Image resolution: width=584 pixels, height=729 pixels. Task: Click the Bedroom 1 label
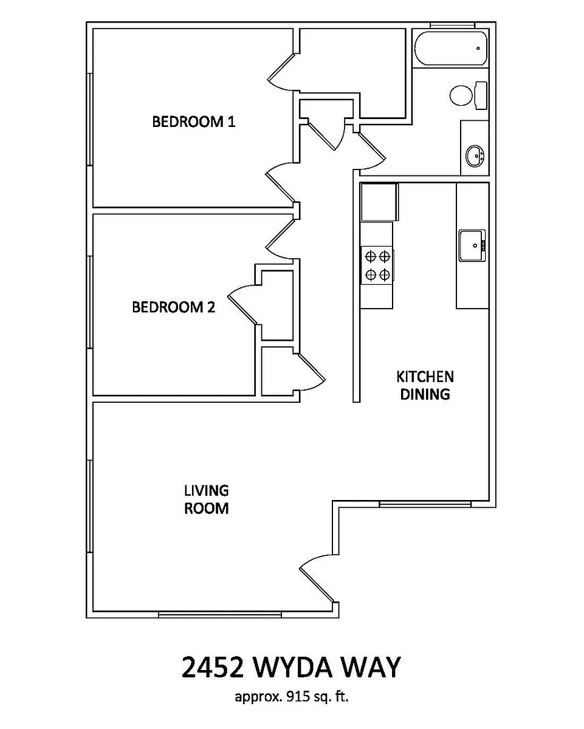point(193,122)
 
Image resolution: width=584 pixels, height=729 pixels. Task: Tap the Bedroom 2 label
point(173,307)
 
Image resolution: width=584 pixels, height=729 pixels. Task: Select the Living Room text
point(207,499)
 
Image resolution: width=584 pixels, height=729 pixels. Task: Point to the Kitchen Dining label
point(425,385)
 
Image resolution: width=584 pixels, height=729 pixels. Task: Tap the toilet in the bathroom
point(468,95)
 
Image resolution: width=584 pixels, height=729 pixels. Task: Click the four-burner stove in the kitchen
point(377,265)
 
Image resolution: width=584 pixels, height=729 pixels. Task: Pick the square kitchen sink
point(472,245)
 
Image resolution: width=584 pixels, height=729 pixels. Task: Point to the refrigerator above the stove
point(379,202)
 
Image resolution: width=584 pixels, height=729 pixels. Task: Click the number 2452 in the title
point(212,667)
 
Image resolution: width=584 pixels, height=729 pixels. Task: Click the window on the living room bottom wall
point(219,615)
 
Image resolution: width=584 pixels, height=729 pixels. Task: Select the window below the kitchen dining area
point(425,504)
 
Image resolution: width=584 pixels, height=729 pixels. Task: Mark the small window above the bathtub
point(452,25)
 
